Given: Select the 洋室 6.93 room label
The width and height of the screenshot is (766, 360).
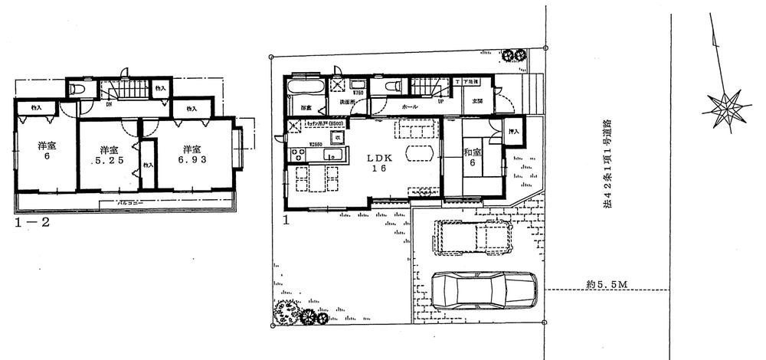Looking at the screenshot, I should [x=194, y=155].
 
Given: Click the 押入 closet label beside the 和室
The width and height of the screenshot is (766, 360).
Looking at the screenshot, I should [x=513, y=132].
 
